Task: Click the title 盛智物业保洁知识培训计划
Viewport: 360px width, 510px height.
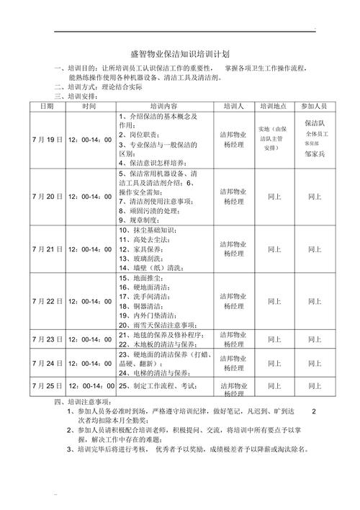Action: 180,54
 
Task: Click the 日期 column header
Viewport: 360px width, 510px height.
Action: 47,105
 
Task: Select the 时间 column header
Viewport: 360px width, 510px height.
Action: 89,105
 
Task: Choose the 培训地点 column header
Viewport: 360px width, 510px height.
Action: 274,105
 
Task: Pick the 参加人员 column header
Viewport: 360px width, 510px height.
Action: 314,105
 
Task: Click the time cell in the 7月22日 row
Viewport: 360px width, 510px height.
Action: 89,301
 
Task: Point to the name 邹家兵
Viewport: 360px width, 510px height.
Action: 315,154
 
